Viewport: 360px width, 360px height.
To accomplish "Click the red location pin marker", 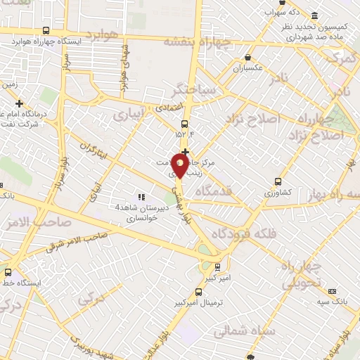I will [181, 165].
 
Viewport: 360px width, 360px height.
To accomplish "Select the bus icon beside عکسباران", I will [247, 58].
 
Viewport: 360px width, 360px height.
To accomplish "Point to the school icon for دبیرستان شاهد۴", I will [142, 198].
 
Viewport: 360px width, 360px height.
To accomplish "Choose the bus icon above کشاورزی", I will [278, 181].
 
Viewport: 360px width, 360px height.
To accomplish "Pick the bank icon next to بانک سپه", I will [330, 290].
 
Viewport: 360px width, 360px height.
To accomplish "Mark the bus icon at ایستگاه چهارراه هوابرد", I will [46, 31].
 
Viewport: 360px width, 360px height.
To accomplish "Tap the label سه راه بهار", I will [336, 194].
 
